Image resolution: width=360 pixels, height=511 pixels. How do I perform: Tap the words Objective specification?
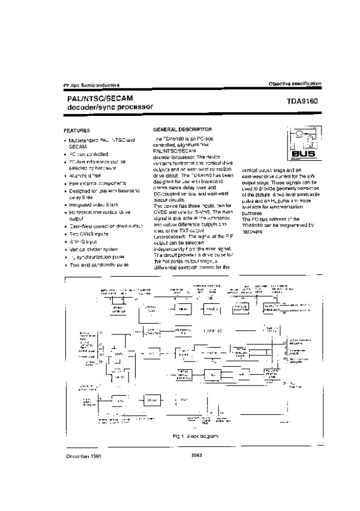(290, 83)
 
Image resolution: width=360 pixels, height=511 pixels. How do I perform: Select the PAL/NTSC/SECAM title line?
(97, 97)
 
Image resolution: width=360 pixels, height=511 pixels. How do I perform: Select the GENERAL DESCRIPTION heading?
(182, 129)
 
